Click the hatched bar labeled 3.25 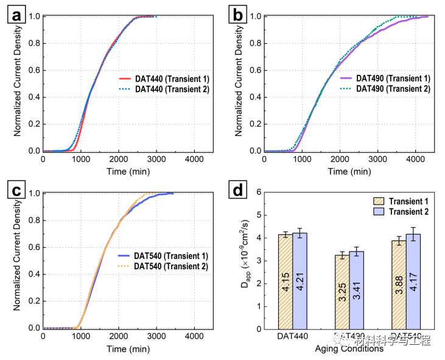pos(342,292)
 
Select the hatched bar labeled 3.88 pos(399,284)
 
